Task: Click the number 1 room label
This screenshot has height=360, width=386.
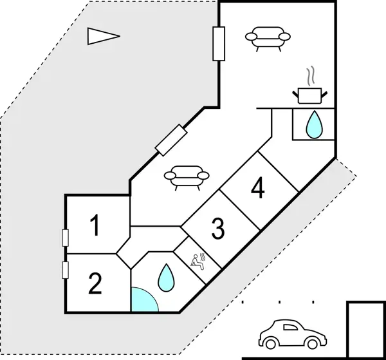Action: click(x=95, y=227)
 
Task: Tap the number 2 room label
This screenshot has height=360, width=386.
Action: click(x=95, y=283)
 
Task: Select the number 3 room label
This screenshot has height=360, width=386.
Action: click(x=218, y=227)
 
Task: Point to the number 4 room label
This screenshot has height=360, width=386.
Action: click(x=258, y=189)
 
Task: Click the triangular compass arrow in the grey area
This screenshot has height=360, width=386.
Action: click(x=102, y=37)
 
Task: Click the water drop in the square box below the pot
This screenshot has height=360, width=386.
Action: click(x=314, y=124)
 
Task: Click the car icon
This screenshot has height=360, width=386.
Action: click(x=290, y=333)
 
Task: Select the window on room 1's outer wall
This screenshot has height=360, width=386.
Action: click(x=65, y=238)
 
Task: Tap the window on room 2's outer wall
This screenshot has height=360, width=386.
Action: click(x=65, y=270)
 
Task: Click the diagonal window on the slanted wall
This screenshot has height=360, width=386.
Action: click(x=172, y=140)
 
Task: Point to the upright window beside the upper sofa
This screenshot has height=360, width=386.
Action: click(x=219, y=44)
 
